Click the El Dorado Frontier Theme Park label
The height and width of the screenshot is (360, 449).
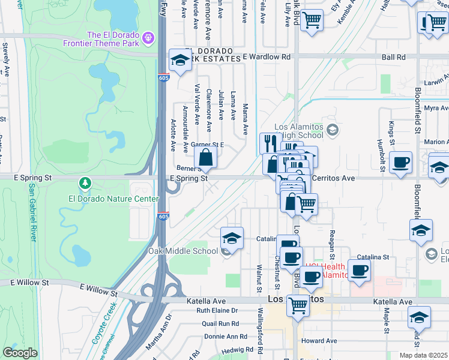coord(113,39)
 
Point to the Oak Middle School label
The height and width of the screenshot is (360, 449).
coord(183,251)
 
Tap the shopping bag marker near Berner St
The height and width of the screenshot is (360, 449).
coord(205,158)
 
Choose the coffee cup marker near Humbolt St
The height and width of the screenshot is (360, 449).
coord(400,162)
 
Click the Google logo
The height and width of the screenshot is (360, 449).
coord(20,353)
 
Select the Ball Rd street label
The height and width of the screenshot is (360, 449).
coord(393,57)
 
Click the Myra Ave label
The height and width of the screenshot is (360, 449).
coord(436,108)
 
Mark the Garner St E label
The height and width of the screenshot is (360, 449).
coord(206,145)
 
